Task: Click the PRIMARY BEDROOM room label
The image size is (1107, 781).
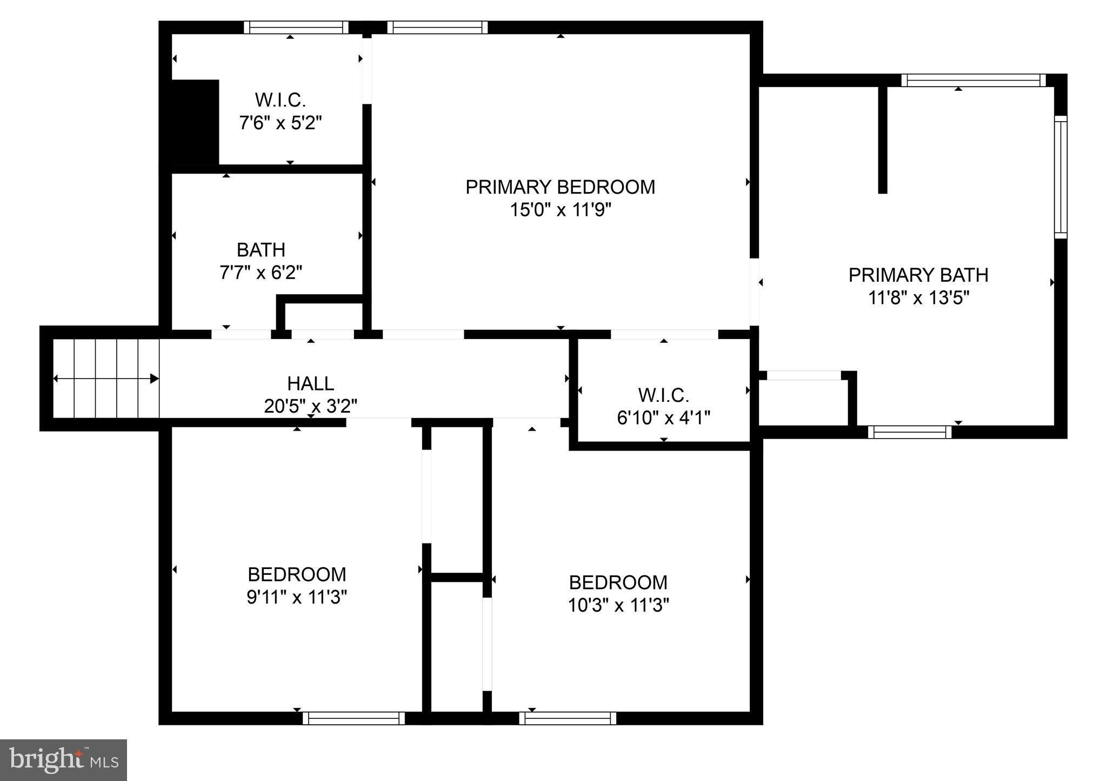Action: [560, 187]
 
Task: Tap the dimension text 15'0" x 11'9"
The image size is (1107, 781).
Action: [560, 210]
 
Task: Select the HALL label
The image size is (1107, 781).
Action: [310, 383]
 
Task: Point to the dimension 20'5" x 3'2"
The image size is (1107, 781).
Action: [310, 406]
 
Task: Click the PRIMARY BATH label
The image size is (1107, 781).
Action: [918, 275]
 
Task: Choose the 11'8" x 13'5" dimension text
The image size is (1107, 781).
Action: [918, 298]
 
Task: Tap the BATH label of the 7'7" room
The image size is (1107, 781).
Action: [261, 250]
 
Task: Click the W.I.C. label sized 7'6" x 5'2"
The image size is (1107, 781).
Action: [280, 100]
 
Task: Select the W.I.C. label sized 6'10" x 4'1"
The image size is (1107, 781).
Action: [663, 395]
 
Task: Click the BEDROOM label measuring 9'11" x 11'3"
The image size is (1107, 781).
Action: [296, 574]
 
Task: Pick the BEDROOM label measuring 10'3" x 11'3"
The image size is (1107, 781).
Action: [618, 583]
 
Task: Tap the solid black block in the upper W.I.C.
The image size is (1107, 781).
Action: [195, 122]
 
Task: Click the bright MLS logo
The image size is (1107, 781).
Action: [63, 760]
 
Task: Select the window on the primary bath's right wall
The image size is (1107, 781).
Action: [1061, 177]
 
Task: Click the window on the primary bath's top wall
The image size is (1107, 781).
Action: [973, 81]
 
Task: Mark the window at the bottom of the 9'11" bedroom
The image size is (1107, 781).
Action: [354, 718]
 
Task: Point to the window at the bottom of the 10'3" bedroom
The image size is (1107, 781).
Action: [568, 718]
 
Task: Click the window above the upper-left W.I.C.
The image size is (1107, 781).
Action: [296, 28]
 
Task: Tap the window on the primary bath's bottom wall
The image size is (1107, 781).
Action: [910, 432]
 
